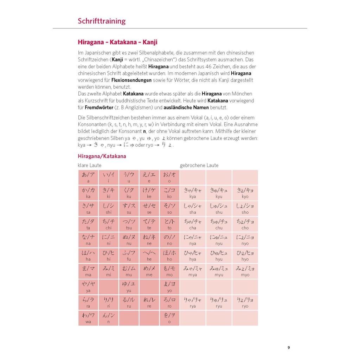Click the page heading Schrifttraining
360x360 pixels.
(102, 21)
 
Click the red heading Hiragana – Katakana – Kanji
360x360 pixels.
(117, 43)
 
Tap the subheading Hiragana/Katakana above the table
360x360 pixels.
(102, 156)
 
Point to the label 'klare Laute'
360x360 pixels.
(89, 165)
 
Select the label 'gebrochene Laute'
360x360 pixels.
(199, 165)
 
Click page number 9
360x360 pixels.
(289, 348)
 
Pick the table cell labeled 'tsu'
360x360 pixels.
(129, 224)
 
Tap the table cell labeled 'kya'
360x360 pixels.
(193, 193)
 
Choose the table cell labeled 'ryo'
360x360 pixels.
(245, 302)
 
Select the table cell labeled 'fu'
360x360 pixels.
(129, 256)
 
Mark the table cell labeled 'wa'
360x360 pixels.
(88, 318)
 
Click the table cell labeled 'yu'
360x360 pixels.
(129, 287)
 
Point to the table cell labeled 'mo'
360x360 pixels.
(169, 271)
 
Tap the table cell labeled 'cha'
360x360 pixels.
(193, 224)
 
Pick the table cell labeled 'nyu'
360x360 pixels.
(219, 240)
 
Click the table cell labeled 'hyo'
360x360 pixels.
(245, 256)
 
